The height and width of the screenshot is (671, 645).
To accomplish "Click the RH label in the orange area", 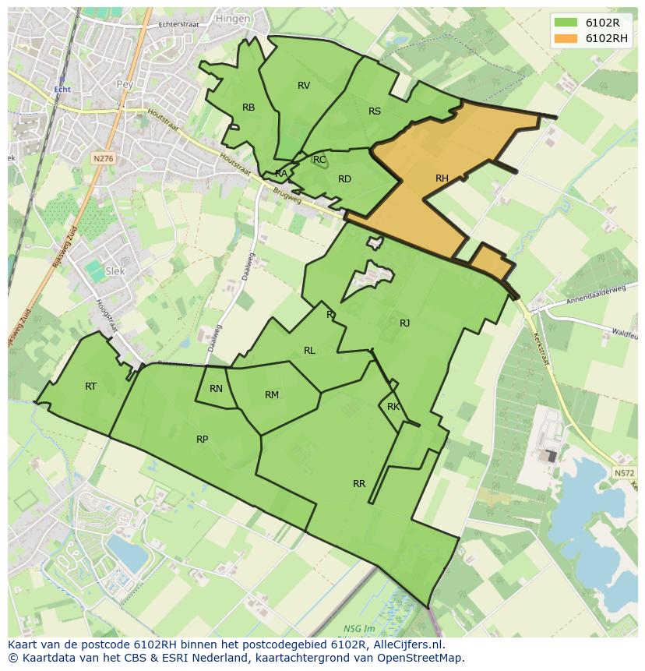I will click(442, 178).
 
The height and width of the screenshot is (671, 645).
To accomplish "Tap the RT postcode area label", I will click(91, 387).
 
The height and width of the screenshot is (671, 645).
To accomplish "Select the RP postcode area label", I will click(202, 440).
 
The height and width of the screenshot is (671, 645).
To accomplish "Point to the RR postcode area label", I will click(359, 484).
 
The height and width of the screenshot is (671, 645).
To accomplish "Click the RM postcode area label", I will click(272, 395).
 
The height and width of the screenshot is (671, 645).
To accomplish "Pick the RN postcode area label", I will click(217, 389).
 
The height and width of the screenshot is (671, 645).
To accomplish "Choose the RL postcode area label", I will click(309, 351).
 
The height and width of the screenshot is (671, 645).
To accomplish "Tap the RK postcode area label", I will click(393, 407).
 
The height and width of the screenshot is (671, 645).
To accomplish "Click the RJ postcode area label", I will click(405, 323).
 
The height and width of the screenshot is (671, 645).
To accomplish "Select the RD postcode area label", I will click(344, 179).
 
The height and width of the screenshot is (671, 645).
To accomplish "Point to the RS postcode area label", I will click(375, 111).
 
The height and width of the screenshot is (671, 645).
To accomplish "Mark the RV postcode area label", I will click(304, 86).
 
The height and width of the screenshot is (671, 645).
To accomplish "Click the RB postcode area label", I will click(248, 108).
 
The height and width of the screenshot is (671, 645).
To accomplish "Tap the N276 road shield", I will click(103, 158).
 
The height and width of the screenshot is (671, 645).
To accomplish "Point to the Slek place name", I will click(115, 271).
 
